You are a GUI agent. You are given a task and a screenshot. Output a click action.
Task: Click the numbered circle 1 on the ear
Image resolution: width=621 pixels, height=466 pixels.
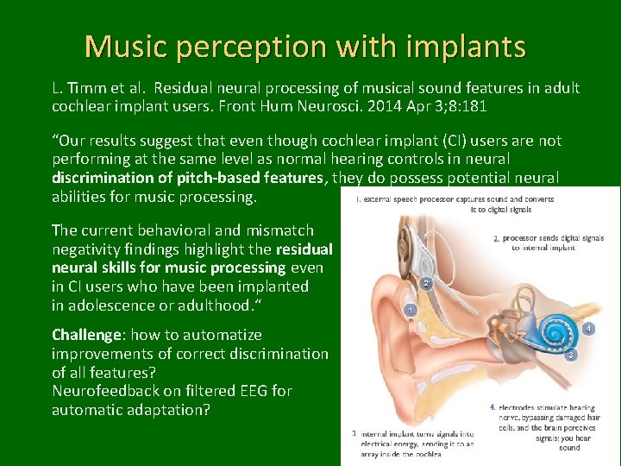pos(411,310)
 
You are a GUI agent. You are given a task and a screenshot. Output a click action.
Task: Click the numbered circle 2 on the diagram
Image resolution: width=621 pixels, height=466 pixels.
pos(425,282)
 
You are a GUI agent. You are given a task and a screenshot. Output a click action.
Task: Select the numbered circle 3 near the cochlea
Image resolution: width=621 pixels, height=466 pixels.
pos(571,355)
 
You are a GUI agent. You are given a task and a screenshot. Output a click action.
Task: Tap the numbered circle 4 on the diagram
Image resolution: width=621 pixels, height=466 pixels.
pos(588,329)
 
